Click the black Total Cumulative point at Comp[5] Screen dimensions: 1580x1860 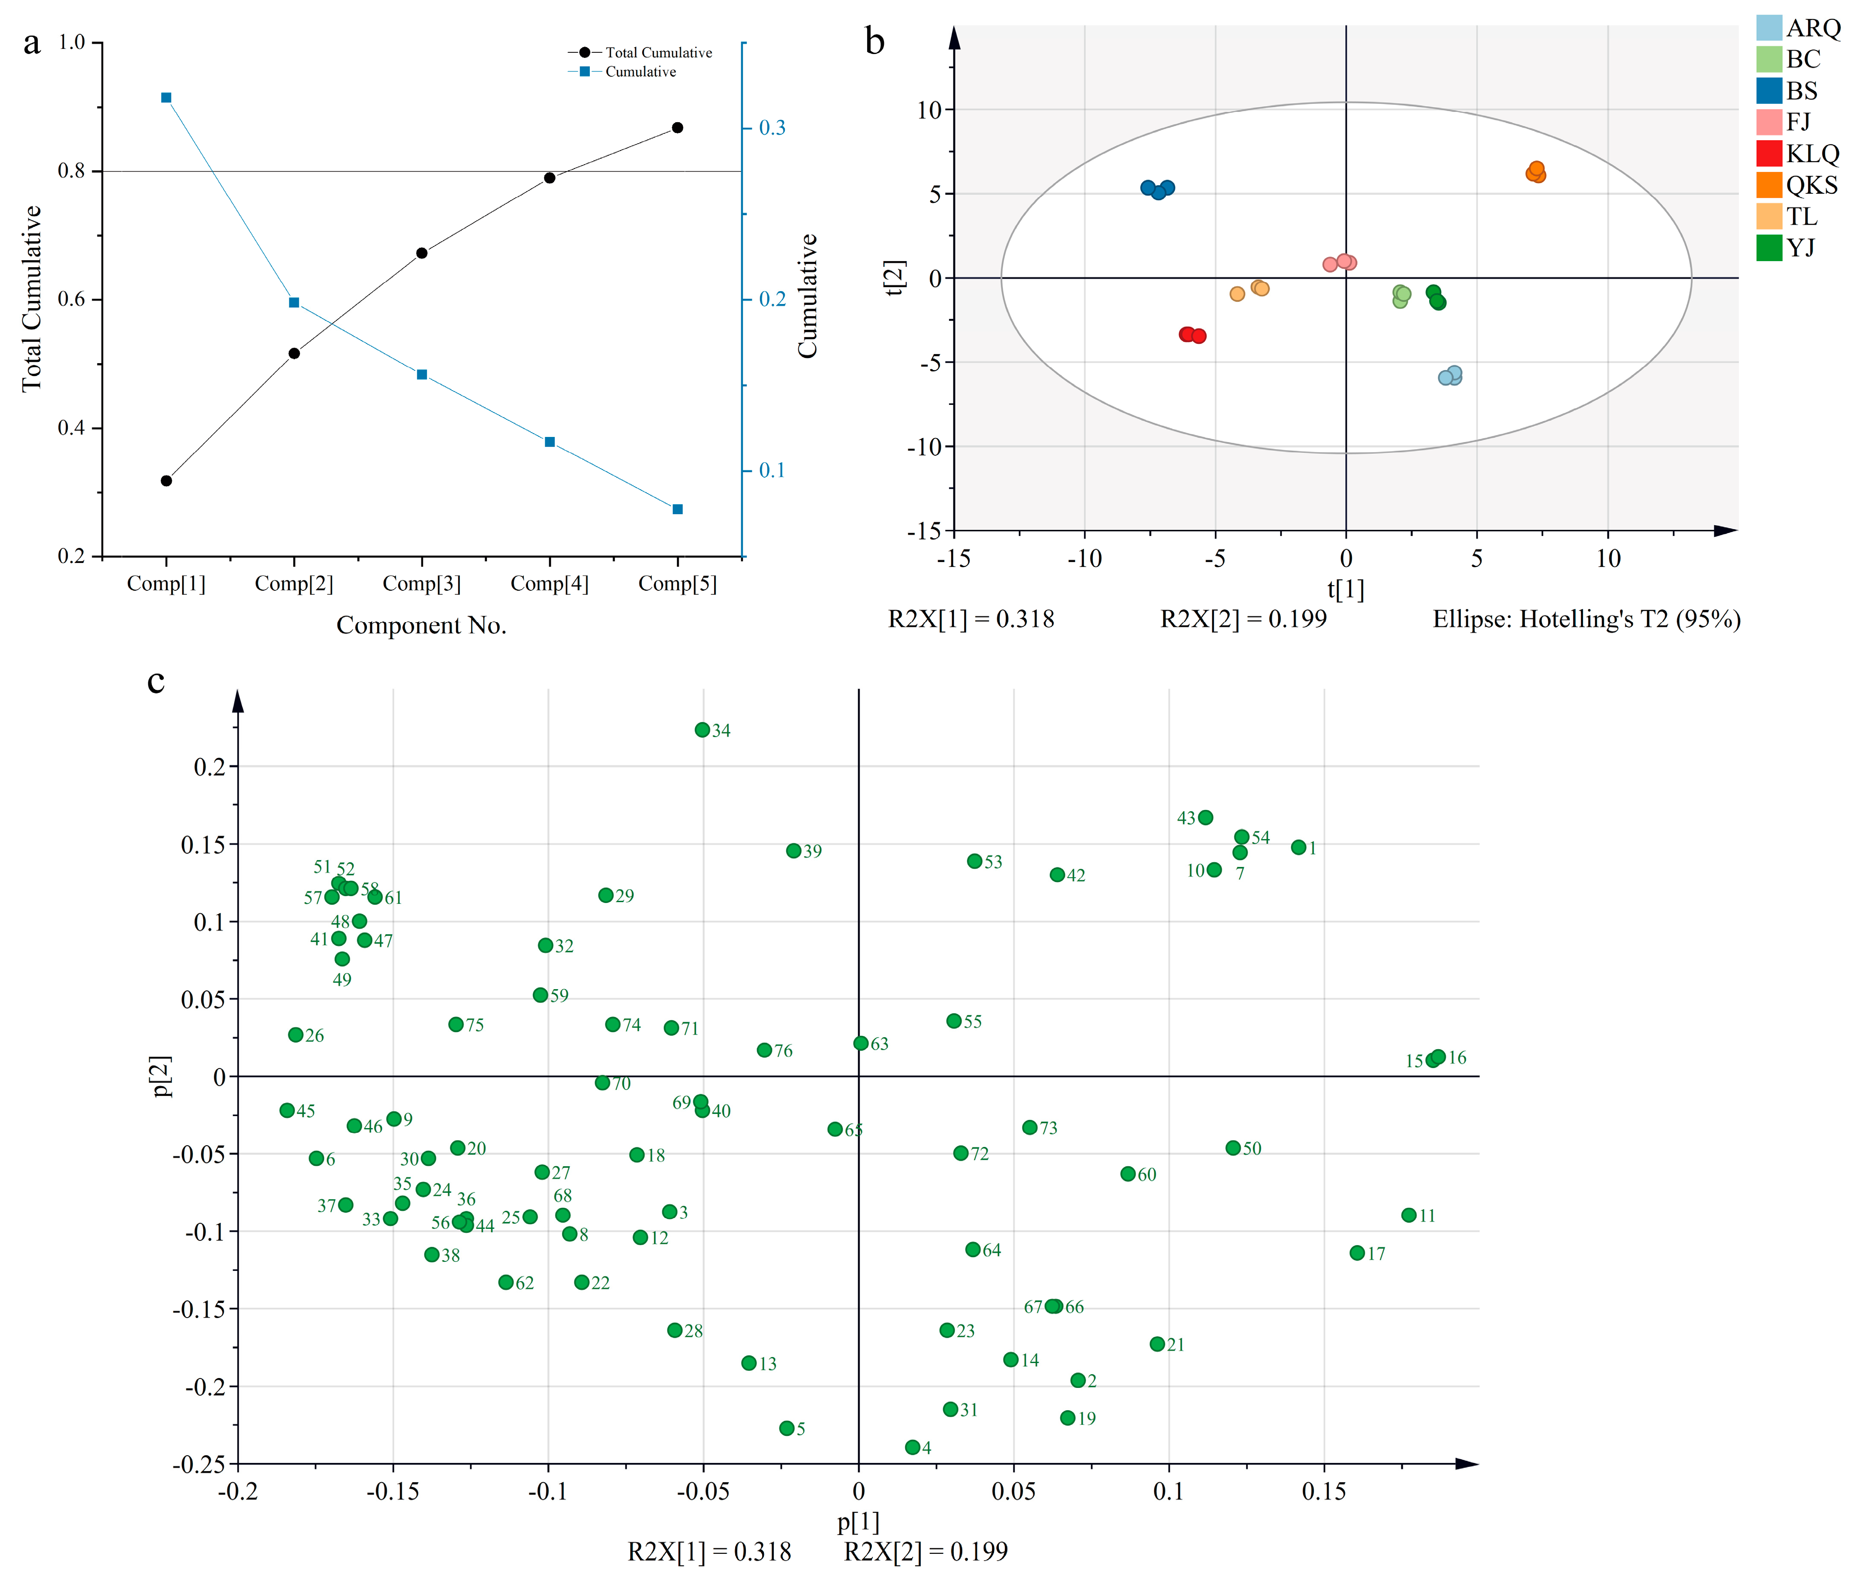[x=677, y=128]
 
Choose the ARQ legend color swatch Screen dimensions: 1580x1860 [x=1769, y=28]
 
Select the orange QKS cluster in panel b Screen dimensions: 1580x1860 [x=1536, y=172]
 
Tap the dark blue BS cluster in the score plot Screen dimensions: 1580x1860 [x=1157, y=189]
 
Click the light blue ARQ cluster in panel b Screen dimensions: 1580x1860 [x=1450, y=375]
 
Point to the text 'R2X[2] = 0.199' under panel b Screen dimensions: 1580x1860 [x=1243, y=619]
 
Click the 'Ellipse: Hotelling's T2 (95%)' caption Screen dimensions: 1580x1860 [x=1586, y=619]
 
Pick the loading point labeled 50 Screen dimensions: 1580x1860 [x=1233, y=1148]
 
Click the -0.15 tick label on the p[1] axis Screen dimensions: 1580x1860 [x=392, y=1491]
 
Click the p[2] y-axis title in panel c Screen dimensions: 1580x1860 [x=161, y=1076]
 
